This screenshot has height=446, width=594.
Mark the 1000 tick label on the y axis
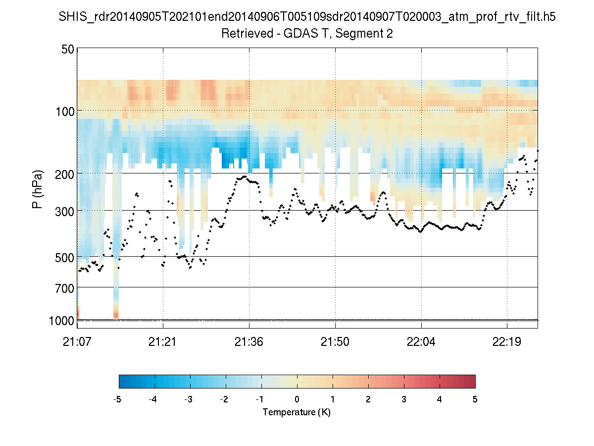point(62,321)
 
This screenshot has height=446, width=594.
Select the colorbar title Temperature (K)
point(297,412)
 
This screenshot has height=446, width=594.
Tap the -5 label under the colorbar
point(117,399)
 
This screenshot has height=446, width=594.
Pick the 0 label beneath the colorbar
point(297,399)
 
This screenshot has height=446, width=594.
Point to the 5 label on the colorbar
point(475,399)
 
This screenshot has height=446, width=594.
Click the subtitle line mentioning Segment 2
point(307,34)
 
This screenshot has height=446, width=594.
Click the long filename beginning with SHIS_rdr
point(307,17)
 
